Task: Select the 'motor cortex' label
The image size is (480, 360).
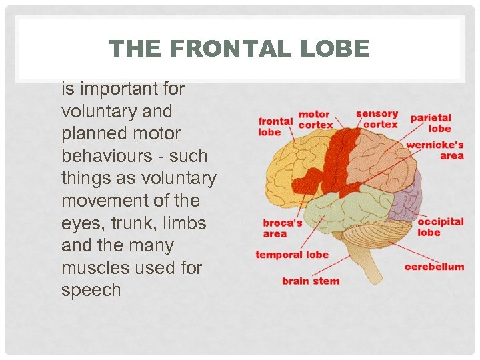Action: coord(314,120)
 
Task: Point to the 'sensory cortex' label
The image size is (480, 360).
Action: coord(377,119)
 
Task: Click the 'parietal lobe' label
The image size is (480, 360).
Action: coord(431,123)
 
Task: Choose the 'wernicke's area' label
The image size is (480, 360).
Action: coord(435,150)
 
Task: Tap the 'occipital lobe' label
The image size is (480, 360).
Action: coord(440,227)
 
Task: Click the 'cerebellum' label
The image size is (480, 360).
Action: coord(434,267)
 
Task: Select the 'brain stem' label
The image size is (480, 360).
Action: coord(311,281)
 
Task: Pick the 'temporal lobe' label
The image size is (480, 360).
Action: coord(292,255)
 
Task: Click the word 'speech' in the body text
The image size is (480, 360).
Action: coord(91,291)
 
